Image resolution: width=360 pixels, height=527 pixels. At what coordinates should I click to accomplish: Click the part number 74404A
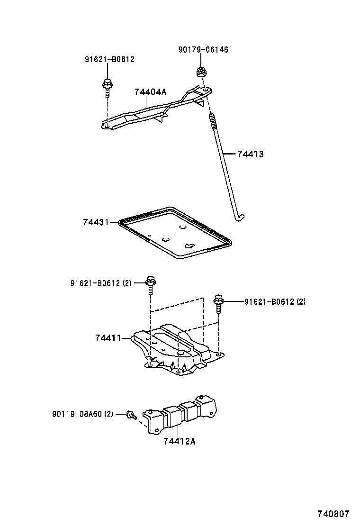coord(150,92)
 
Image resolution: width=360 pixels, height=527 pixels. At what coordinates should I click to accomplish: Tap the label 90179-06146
coord(203,50)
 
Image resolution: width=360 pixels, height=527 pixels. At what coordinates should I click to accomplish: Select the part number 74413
coord(250,154)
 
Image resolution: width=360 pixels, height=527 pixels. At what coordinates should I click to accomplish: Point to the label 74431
coord(96,222)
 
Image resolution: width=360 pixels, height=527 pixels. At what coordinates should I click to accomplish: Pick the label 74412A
coord(179,442)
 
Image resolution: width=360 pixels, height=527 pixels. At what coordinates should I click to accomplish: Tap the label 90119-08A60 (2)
coord(83,414)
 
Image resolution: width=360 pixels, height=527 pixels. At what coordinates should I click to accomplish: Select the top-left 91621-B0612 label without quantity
coord(109,60)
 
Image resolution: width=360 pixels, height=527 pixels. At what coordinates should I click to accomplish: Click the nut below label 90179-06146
coord(201,73)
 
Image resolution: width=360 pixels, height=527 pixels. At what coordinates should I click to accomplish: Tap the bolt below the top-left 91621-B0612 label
coord(107,87)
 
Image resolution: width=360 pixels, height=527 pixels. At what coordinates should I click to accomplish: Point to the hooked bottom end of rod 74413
coord(240,218)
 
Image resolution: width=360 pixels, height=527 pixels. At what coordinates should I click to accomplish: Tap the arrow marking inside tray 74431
coord(189,245)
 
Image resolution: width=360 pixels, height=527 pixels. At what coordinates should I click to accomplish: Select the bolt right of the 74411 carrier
coord(218,303)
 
